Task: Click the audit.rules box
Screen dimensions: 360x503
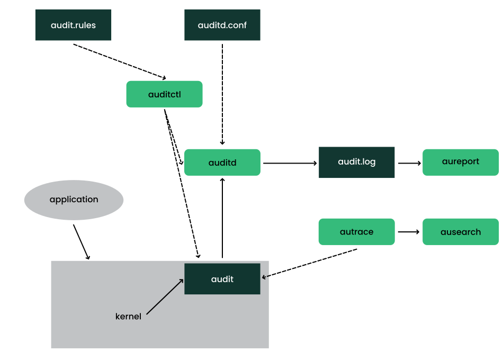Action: point(73,25)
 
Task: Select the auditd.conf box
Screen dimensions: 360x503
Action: point(222,25)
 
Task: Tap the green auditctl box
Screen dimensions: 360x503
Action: point(164,94)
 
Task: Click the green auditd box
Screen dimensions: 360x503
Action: point(222,162)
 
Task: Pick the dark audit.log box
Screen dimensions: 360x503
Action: point(357,162)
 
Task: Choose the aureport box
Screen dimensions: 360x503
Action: point(461,162)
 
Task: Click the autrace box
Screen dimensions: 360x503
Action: point(356,231)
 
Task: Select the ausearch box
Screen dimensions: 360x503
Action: point(461,231)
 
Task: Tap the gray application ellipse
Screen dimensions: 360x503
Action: point(74,200)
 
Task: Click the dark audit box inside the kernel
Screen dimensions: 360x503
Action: point(222,278)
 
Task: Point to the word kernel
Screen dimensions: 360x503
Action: point(128,317)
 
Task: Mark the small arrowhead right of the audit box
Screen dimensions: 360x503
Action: point(265,277)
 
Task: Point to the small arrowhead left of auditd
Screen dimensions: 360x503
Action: point(181,163)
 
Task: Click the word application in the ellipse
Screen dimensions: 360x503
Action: point(74,200)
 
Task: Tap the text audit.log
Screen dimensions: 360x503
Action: point(357,161)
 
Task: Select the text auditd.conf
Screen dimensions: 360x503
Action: point(222,25)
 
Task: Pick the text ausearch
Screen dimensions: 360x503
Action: point(461,232)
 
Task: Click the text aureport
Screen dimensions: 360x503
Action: point(461,161)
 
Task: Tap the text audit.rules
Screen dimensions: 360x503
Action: point(73,25)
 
